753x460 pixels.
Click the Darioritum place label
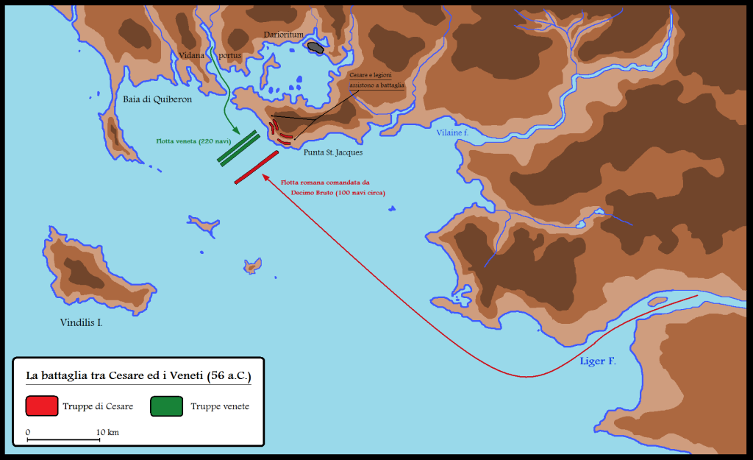[x=283, y=35]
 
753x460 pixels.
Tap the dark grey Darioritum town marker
[x=316, y=48]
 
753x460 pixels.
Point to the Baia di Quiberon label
[x=157, y=99]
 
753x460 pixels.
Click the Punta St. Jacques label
[x=332, y=152]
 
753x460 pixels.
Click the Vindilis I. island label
[x=81, y=322]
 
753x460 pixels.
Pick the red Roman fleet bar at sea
[x=257, y=167]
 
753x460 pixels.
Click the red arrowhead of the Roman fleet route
[x=265, y=178]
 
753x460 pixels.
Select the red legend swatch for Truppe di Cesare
[x=41, y=406]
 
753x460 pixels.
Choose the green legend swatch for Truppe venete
[x=166, y=406]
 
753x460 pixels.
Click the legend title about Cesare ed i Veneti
[x=138, y=375]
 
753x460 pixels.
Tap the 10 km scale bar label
[x=107, y=431]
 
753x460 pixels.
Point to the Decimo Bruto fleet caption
[x=338, y=187]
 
